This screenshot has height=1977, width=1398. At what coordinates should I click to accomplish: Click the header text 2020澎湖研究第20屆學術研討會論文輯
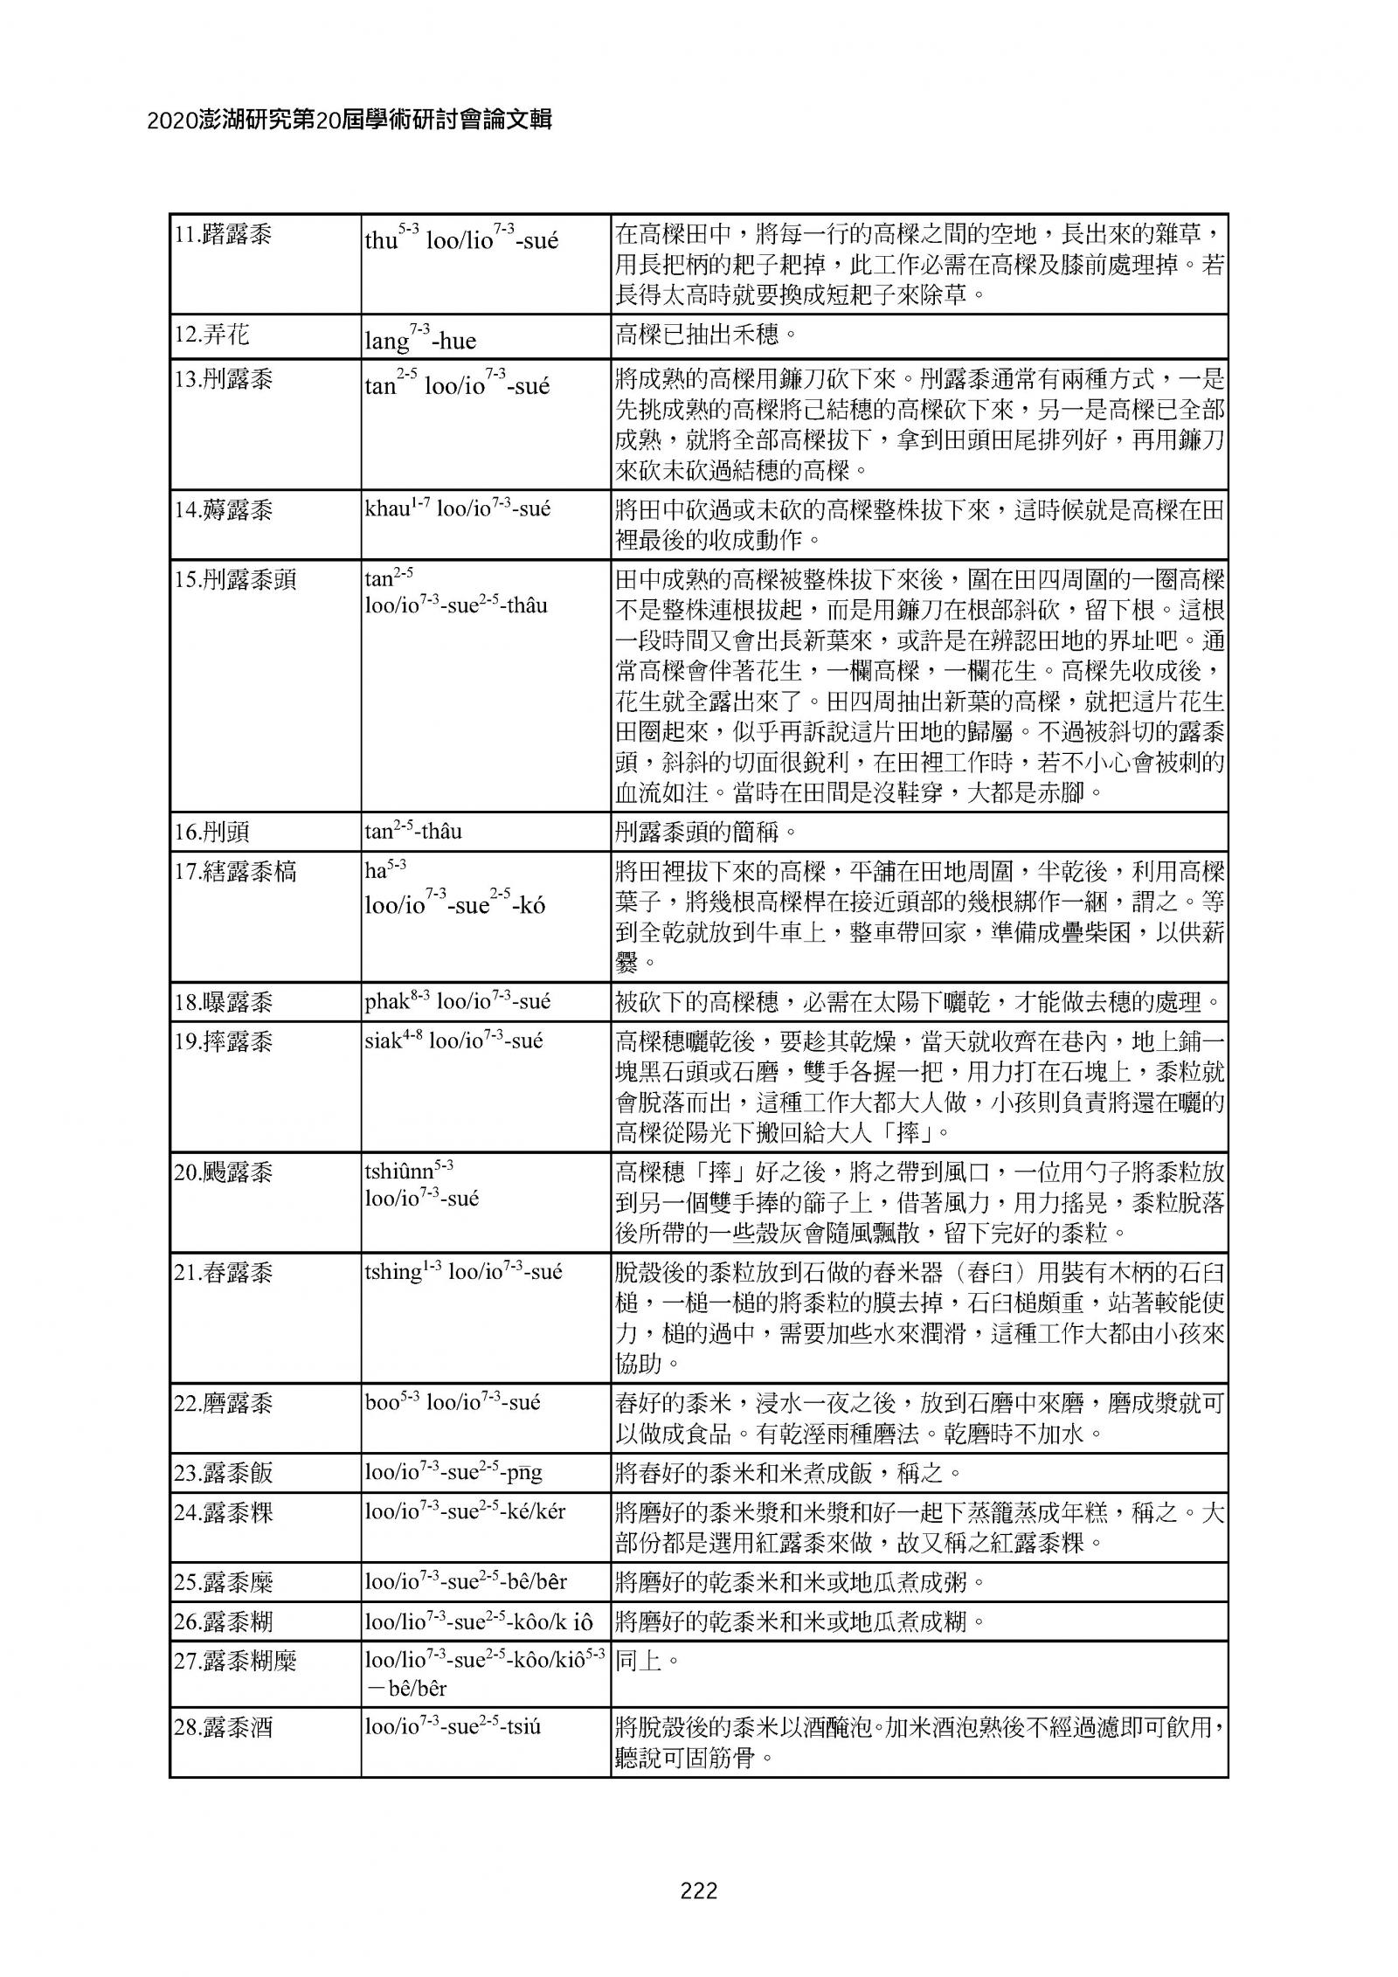[349, 121]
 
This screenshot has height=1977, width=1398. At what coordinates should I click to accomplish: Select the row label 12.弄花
[211, 334]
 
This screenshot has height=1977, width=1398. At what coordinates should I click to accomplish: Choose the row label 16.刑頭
[211, 831]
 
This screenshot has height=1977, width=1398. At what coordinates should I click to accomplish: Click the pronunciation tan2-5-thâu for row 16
[413, 830]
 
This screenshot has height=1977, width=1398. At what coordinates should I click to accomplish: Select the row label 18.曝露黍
[224, 1001]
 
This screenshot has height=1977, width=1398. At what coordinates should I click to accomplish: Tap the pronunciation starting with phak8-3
[458, 1001]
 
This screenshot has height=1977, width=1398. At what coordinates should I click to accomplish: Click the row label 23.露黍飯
[224, 1472]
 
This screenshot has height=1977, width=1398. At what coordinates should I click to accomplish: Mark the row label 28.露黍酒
[224, 1727]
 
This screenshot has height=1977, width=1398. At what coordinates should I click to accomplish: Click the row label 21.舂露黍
[224, 1272]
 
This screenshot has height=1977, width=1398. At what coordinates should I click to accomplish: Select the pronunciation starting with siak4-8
[453, 1040]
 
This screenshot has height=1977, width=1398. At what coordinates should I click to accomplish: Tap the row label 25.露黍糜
[224, 1582]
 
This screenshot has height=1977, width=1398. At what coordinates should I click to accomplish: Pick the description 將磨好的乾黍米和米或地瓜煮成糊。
[799, 1621]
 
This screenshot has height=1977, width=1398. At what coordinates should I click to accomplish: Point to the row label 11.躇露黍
[224, 234]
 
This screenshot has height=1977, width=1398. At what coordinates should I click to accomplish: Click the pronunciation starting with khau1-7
[458, 508]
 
